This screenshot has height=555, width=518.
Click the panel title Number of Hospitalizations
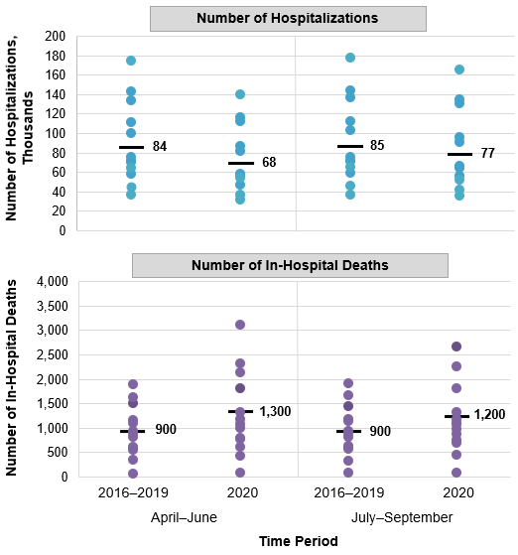pyautogui.click(x=288, y=19)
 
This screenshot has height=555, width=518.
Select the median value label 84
pyautogui.click(x=160, y=147)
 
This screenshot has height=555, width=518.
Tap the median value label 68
pyautogui.click(x=269, y=162)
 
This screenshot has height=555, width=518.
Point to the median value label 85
pyautogui.click(x=378, y=146)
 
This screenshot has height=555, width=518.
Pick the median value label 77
pyautogui.click(x=487, y=154)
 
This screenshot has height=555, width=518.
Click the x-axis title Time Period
pyautogui.click(x=298, y=541)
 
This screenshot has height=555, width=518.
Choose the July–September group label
pyautogui.click(x=403, y=517)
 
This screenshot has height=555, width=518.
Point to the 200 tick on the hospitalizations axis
pyautogui.click(x=57, y=36)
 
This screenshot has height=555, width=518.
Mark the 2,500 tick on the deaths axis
pyautogui.click(x=49, y=354)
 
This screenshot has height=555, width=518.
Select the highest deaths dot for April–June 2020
pyautogui.click(x=240, y=325)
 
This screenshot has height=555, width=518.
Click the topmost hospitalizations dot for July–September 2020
pyautogui.click(x=458, y=69)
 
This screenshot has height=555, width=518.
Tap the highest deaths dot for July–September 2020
pyautogui.click(x=457, y=347)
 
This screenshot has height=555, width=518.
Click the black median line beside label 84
pyautogui.click(x=131, y=147)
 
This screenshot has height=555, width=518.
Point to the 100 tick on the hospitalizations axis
pyautogui.click(x=57, y=133)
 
